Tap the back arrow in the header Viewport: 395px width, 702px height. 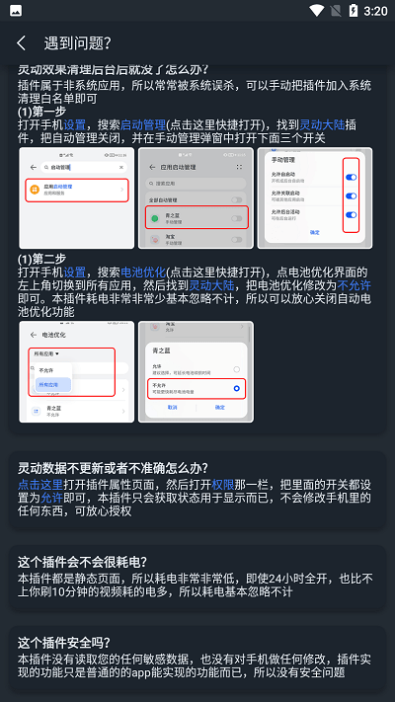(21, 43)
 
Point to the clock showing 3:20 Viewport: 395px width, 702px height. (375, 11)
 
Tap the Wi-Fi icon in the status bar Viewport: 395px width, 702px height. (316, 11)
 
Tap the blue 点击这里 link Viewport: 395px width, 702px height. (40, 485)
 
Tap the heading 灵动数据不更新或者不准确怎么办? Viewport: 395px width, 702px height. (113, 467)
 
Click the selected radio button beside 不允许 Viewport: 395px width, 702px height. (235, 389)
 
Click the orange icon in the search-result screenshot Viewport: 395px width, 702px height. (36, 188)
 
